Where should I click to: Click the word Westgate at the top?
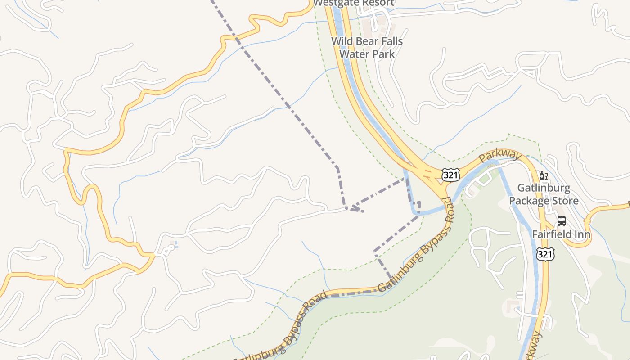coord(333,3)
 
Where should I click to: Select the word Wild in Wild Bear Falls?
coord(342,41)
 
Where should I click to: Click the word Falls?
coord(391,41)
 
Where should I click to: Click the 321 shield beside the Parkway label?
coord(450,175)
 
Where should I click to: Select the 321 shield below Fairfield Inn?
coord(545,255)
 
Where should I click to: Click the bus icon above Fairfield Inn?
coord(562,220)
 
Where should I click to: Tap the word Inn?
coord(582,234)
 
